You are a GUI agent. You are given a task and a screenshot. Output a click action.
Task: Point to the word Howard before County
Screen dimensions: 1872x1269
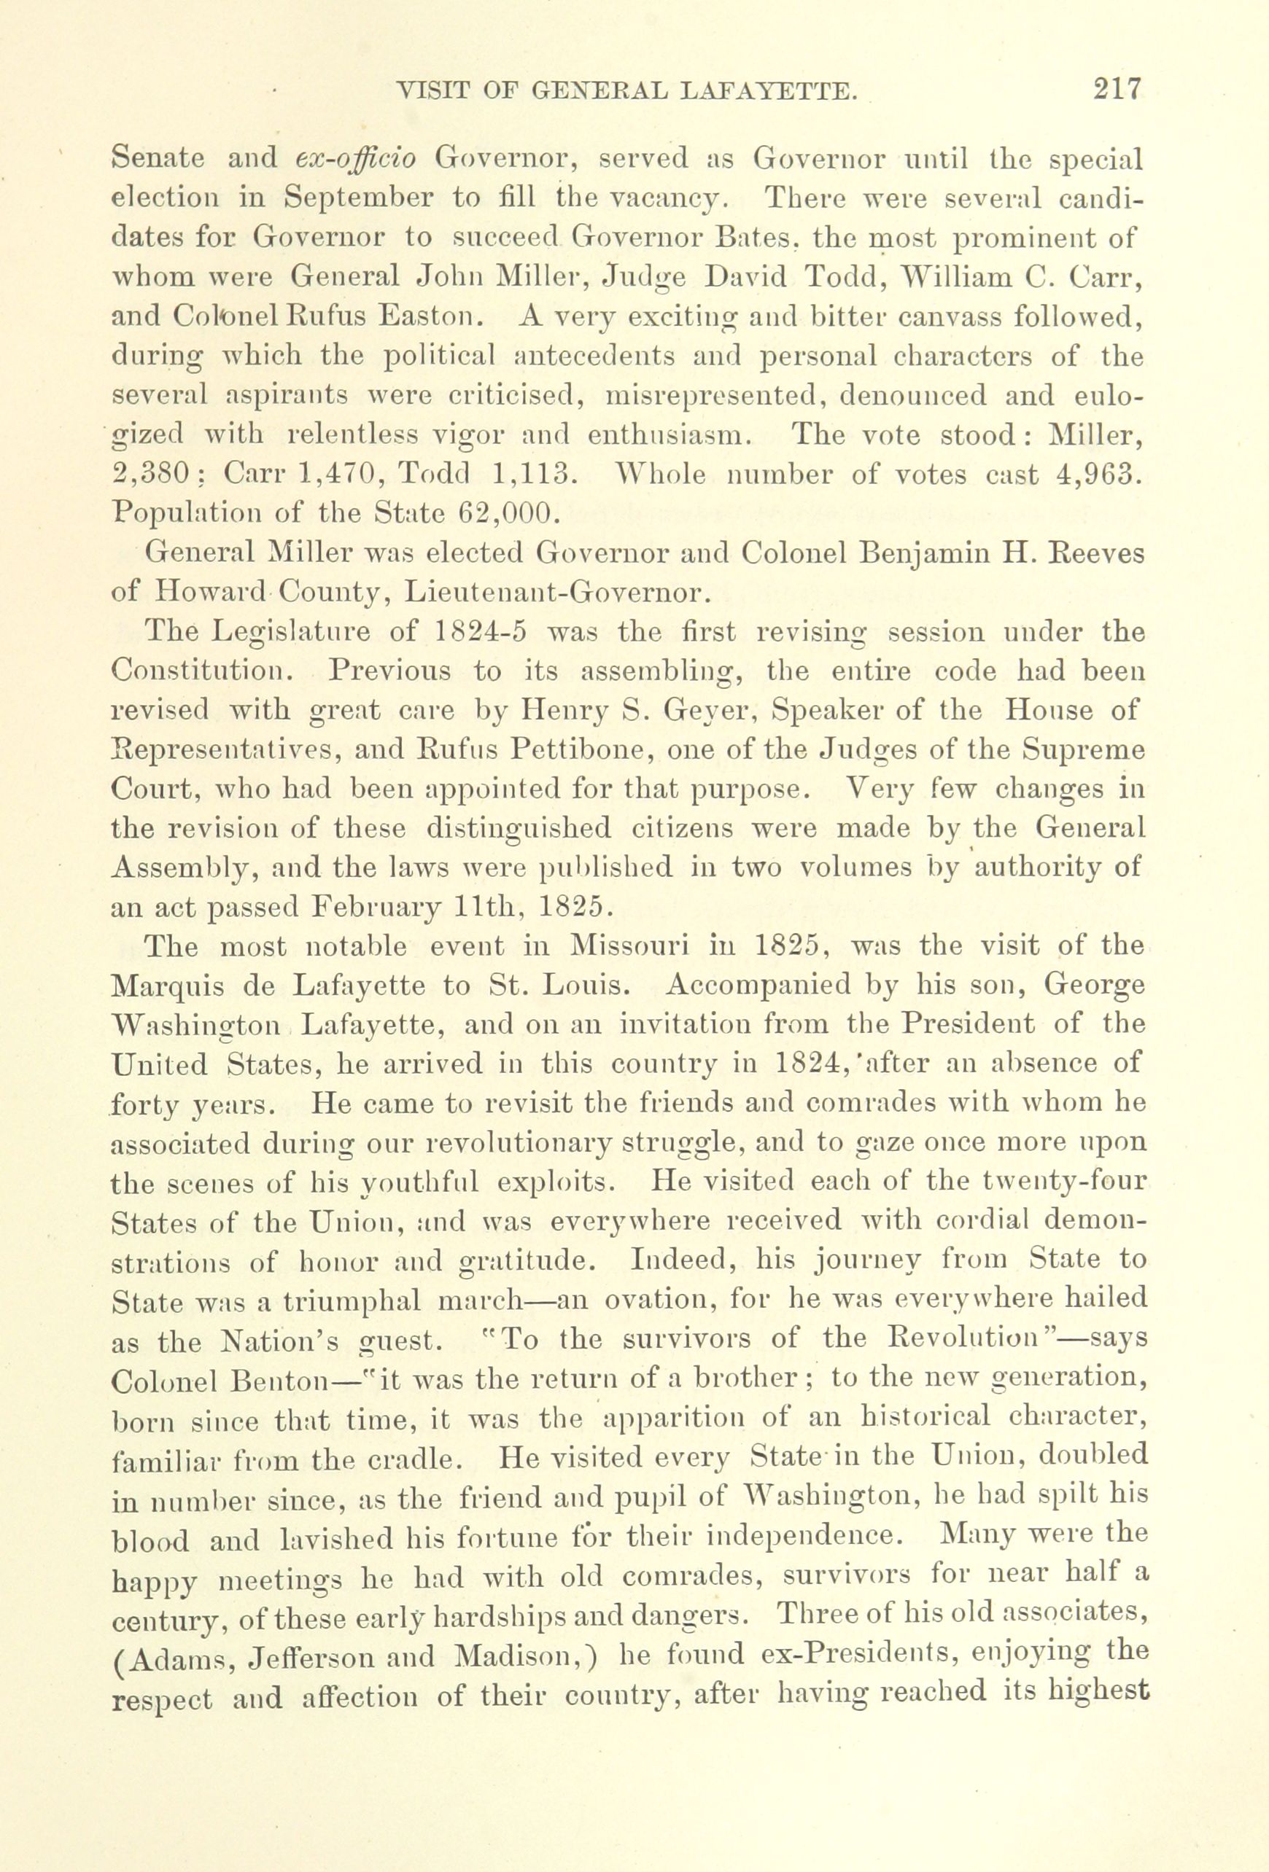[211, 594]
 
